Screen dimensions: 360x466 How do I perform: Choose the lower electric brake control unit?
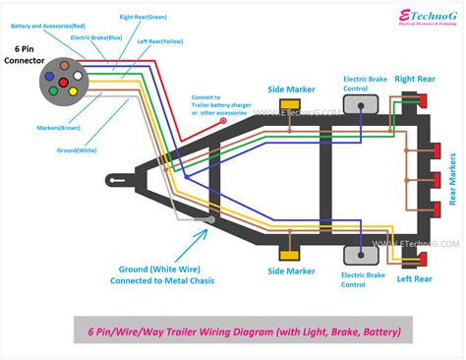click(x=362, y=254)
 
